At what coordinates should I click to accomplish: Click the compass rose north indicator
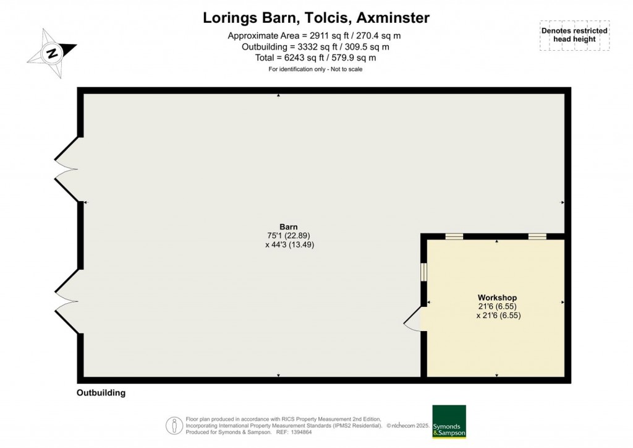[x=52, y=53]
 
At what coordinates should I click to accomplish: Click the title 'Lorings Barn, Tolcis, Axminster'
[x=316, y=18]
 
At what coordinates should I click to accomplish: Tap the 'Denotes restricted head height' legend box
[x=574, y=35]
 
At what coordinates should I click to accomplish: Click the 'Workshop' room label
[x=496, y=298]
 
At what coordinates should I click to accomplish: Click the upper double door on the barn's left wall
[x=67, y=168]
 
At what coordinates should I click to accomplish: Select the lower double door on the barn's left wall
[x=67, y=302]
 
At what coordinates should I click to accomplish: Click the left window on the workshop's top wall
[x=454, y=236]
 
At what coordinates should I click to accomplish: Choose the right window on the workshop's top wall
[x=537, y=236]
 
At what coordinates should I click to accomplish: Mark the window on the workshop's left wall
[x=424, y=272]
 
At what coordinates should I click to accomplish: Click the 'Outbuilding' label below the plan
[x=101, y=393]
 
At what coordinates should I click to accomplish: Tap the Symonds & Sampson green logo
[x=449, y=421]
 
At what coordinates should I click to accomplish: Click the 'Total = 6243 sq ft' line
[x=316, y=58]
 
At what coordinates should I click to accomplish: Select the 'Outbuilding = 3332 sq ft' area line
[x=316, y=46]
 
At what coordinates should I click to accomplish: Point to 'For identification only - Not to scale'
[x=316, y=69]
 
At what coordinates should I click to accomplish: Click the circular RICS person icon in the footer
[x=174, y=425]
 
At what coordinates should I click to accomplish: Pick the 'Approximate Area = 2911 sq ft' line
[x=316, y=35]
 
